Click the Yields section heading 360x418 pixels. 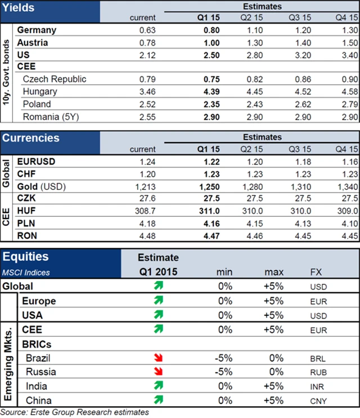[19, 8]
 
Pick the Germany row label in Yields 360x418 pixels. [37, 30]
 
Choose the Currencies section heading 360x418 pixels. [30, 138]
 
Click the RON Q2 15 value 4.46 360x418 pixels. [253, 236]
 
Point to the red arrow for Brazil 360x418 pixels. [159, 358]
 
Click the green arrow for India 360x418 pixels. [159, 386]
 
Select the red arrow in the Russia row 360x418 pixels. [159, 372]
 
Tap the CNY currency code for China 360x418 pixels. [318, 401]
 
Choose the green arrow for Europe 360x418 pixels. [159, 301]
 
